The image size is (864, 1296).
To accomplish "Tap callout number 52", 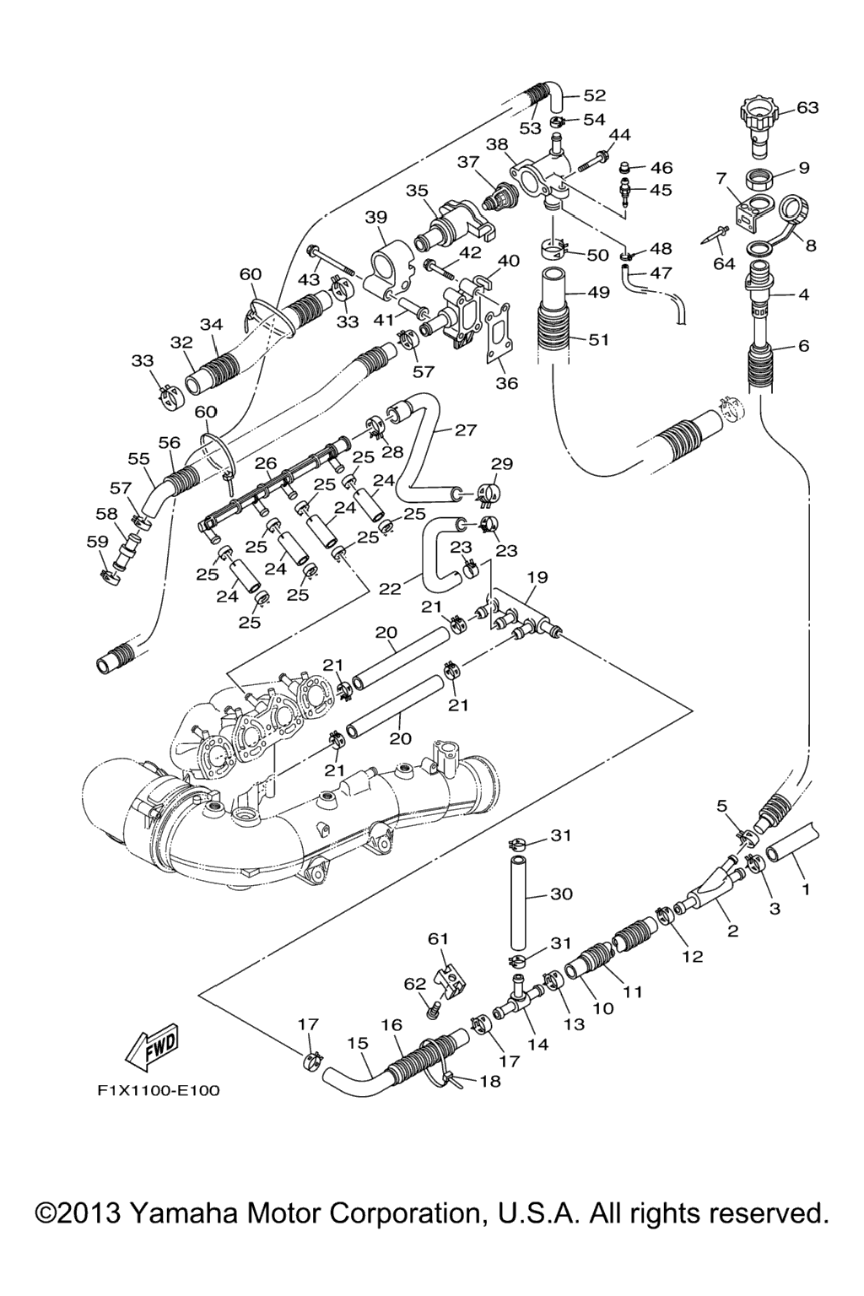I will point(595,95).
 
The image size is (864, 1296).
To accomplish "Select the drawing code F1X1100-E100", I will point(159,1091).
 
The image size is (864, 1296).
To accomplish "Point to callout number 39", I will point(376,217).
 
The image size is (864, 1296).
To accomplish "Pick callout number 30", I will point(561,893).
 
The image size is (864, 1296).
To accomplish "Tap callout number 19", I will point(537,578).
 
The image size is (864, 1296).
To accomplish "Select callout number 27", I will point(466,430).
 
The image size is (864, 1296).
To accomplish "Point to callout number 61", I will point(439,938).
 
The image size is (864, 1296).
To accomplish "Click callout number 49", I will point(598,293).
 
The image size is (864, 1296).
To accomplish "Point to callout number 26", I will point(266,463).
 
